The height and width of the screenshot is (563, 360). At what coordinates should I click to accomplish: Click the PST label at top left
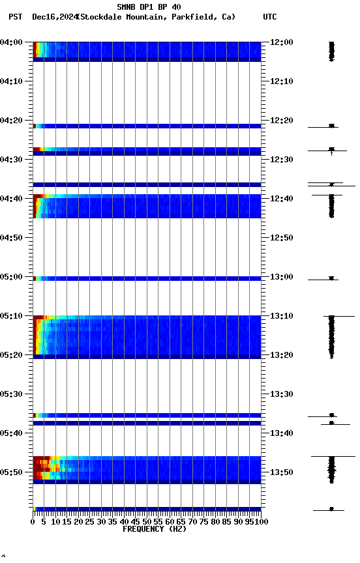pos(16,17)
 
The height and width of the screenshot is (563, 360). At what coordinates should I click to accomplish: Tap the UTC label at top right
pos(270,17)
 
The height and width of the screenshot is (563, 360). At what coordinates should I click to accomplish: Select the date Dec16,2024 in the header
pos(53,17)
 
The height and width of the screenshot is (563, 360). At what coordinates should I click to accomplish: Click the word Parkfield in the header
pos(194,17)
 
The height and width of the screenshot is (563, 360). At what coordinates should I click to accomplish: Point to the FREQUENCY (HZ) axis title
pos(154,529)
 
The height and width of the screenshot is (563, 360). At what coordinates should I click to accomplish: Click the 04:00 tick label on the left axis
pos(11,42)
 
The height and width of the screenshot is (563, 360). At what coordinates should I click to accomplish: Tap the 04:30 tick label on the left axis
pos(11,160)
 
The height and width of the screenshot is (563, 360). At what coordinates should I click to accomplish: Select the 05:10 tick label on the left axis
pos(11,316)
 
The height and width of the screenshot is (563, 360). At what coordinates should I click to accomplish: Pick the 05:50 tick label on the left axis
pos(11,472)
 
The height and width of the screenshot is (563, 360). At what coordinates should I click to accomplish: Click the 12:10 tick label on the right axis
pos(281,81)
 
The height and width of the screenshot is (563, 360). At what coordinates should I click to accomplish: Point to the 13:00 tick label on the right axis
pos(281,277)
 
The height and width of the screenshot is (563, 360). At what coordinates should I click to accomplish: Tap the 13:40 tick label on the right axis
pos(281,433)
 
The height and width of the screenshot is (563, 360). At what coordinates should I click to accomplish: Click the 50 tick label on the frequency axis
pos(147,521)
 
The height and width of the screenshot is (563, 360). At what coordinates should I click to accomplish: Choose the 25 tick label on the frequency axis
pos(90,521)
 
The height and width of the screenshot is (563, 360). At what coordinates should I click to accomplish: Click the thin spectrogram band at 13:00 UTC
pos(147,278)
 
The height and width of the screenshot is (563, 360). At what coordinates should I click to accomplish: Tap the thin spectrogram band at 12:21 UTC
pos(147,126)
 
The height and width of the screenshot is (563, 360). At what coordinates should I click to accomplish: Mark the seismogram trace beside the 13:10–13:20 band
pos(331,336)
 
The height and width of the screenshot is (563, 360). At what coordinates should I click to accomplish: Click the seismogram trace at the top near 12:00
pos(331,51)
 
